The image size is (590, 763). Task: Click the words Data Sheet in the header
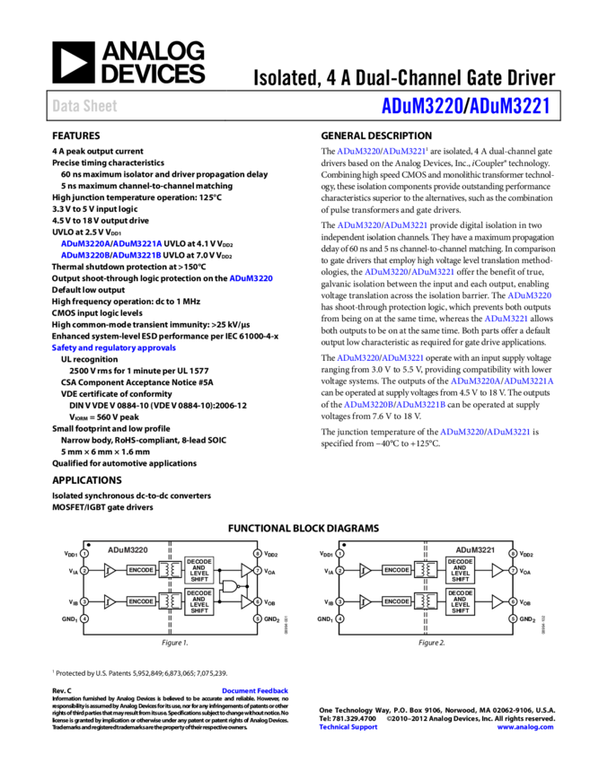[x=84, y=106]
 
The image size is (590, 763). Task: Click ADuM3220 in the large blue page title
[x=422, y=106]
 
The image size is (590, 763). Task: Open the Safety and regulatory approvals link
[x=114, y=347]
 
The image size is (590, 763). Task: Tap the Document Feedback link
[x=255, y=690]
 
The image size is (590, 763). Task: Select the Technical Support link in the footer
[x=348, y=727]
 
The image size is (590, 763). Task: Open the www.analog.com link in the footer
[x=525, y=727]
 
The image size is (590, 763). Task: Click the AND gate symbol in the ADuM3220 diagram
[x=231, y=586]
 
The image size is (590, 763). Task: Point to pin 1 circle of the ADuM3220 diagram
[x=84, y=554]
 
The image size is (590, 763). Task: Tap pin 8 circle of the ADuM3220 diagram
[x=257, y=554]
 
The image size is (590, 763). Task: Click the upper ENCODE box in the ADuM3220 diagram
[x=141, y=570]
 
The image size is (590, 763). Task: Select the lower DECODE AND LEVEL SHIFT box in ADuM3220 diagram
[x=199, y=601]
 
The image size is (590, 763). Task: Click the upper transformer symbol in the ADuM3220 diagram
[x=170, y=570]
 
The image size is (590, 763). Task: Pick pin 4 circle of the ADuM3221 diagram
[x=339, y=618]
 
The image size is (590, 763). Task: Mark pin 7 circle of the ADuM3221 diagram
[x=513, y=570]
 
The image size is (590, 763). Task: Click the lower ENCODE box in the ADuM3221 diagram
[x=397, y=601]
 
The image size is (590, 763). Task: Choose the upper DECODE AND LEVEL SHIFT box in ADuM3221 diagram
[x=460, y=570]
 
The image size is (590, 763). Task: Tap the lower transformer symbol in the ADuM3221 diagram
[x=426, y=601]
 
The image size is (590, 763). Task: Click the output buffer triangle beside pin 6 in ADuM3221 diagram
[x=497, y=601]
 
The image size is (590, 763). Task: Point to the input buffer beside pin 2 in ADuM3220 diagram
[x=109, y=570]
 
